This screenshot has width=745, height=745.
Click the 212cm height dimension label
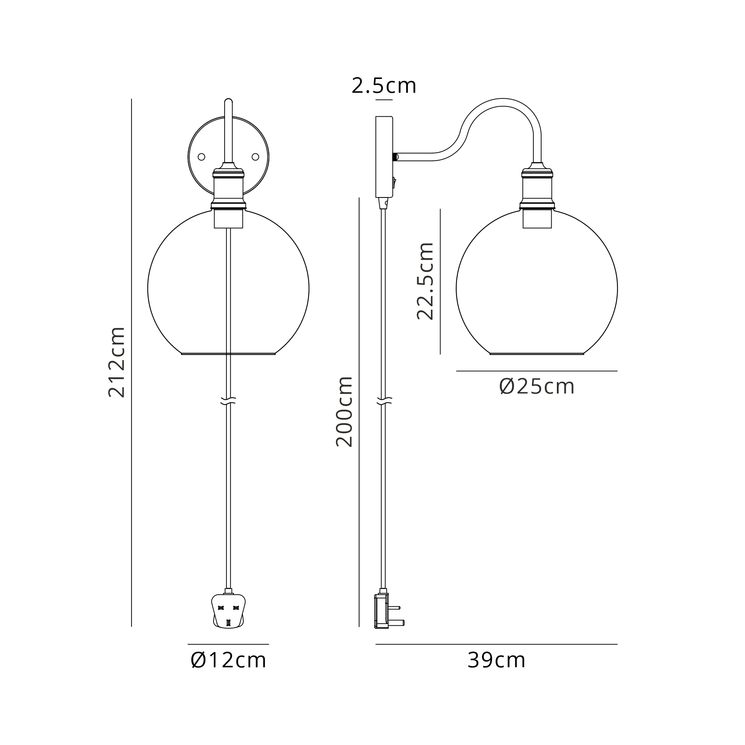click(117, 362)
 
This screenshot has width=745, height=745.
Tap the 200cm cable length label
click(344, 412)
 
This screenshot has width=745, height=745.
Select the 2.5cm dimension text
click(384, 86)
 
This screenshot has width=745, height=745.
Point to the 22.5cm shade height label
click(425, 281)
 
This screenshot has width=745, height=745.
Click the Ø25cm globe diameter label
click(537, 386)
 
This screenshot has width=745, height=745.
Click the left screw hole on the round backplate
click(201, 157)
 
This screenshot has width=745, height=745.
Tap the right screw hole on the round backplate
click(255, 156)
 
